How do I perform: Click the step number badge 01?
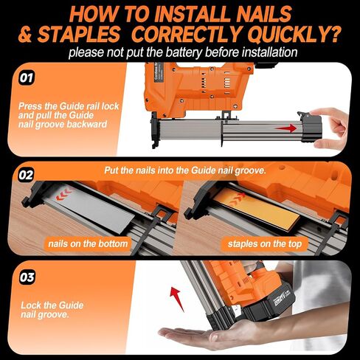tap(27, 78)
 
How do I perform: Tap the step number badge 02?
tap(26, 176)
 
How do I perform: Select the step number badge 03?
tap(27, 277)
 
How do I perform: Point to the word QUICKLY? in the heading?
tap(294, 34)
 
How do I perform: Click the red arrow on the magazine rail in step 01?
tap(286, 128)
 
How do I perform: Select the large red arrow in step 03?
tap(176, 298)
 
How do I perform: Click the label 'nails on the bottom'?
tap(88, 243)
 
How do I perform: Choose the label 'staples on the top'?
tap(264, 243)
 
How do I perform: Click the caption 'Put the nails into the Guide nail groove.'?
tap(185, 170)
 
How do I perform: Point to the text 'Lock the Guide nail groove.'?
tap(52, 310)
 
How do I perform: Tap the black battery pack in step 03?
tap(271, 302)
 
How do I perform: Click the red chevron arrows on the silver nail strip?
tap(63, 194)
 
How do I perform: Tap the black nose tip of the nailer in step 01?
tap(154, 131)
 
